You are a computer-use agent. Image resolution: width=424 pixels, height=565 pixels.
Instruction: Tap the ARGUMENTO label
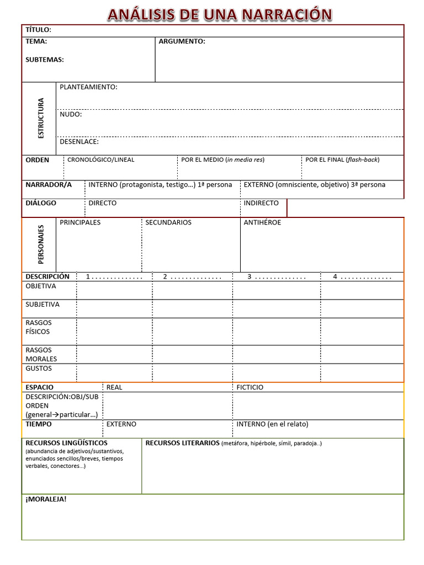click(x=182, y=41)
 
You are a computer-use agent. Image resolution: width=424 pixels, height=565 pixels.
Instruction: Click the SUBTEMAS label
click(x=45, y=60)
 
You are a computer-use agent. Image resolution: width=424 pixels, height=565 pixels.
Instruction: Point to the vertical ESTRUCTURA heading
click(x=40, y=118)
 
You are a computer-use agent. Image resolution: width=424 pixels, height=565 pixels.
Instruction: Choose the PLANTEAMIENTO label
click(x=88, y=87)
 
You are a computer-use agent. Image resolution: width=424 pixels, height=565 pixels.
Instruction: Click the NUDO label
click(x=71, y=114)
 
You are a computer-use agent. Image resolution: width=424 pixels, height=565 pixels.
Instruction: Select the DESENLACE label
click(x=79, y=142)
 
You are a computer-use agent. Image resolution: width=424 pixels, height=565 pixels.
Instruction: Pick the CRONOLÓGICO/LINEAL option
click(x=100, y=160)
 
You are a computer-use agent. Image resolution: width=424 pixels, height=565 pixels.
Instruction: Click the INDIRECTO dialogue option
click(x=261, y=203)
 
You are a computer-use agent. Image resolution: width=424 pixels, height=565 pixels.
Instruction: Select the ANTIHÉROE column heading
click(x=262, y=222)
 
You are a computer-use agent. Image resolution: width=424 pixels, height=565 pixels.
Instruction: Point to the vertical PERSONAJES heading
click(x=41, y=244)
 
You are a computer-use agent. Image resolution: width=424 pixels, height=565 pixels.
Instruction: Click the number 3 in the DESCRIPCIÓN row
click(x=250, y=277)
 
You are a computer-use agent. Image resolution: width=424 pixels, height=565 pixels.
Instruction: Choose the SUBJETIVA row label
click(x=43, y=305)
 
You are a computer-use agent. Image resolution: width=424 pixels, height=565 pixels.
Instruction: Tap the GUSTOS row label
click(x=39, y=369)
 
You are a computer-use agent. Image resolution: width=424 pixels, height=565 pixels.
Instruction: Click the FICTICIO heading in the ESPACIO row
click(x=250, y=387)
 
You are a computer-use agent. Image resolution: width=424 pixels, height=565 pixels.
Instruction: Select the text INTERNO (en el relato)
click(x=272, y=424)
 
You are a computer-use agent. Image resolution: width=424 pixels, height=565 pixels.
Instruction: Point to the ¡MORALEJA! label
click(x=46, y=499)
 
